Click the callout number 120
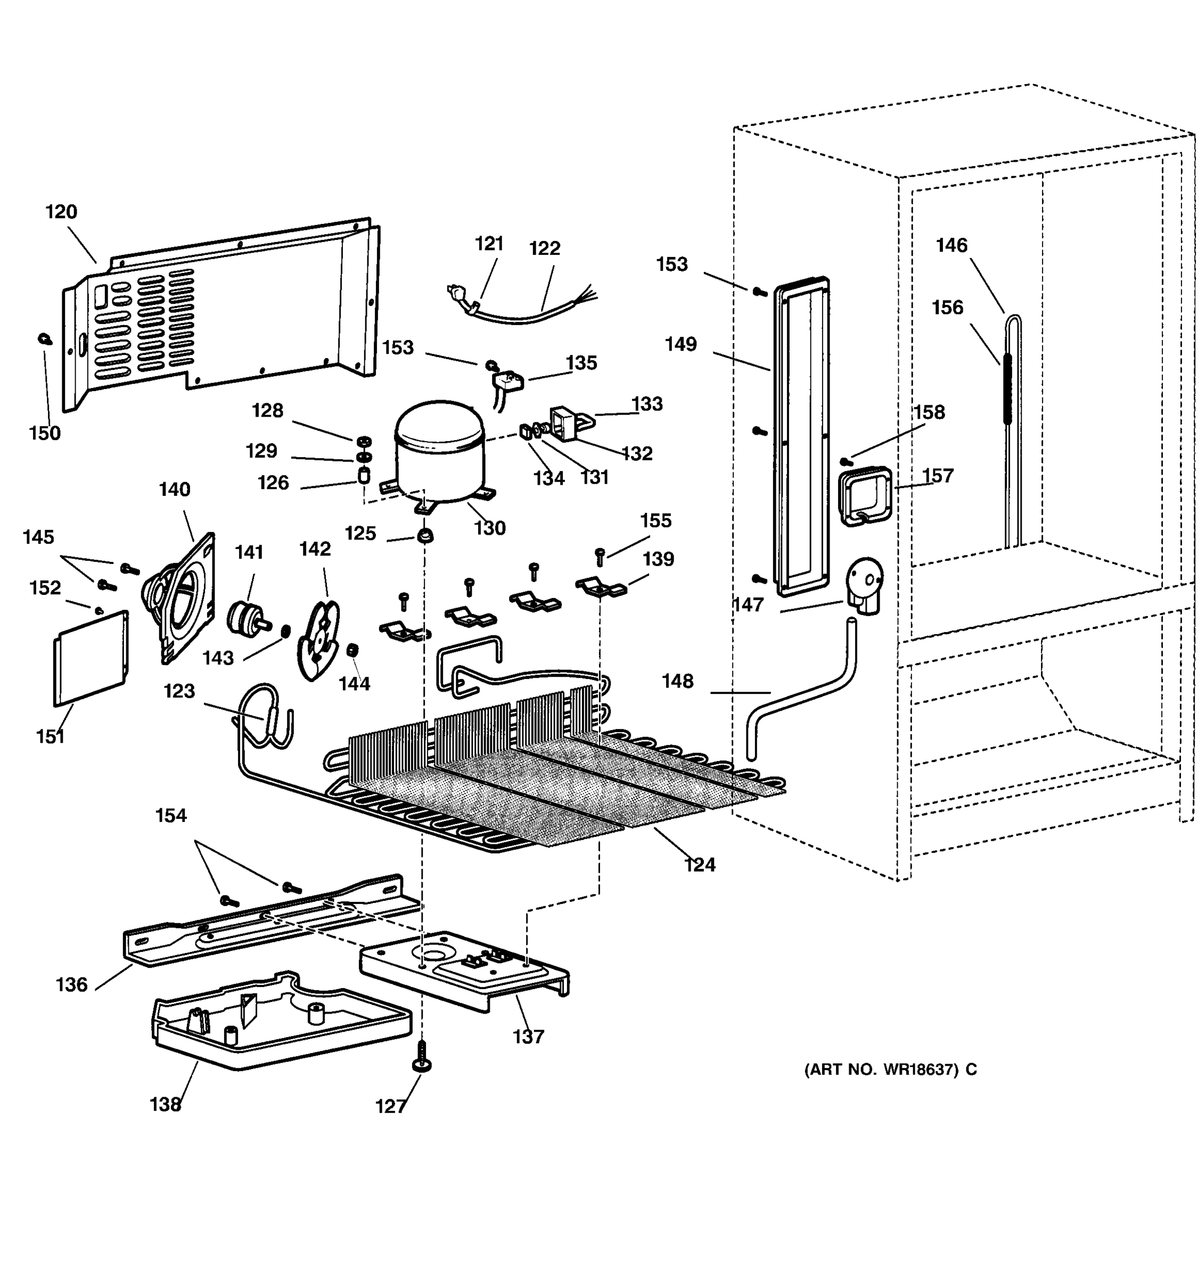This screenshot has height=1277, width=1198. coord(61,211)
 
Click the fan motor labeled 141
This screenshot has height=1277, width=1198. coord(244,617)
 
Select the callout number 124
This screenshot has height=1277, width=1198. coord(699,865)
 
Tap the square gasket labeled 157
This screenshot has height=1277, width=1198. coord(865,495)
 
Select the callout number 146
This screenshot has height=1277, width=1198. coord(951,245)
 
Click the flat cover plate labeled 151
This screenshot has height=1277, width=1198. coord(90,658)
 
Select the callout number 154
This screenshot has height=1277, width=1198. coord(171,815)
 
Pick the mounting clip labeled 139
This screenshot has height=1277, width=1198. coord(600,587)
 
